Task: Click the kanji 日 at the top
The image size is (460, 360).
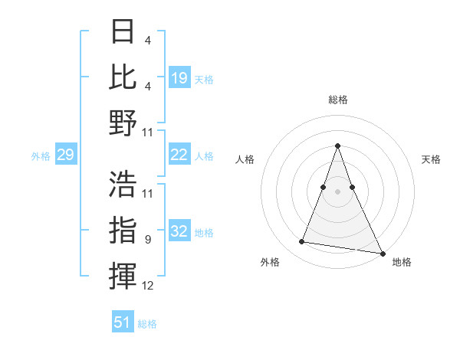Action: [x=123, y=32]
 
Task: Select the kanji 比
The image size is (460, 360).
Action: [x=123, y=76]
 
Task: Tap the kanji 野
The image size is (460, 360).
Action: [x=123, y=123]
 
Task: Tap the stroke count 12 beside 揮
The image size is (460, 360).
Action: [x=148, y=286]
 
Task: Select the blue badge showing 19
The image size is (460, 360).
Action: [x=179, y=77]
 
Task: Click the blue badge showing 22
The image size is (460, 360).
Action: [x=179, y=155]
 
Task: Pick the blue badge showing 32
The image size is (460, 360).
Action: [x=179, y=231]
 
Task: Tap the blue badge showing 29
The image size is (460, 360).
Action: [x=65, y=155]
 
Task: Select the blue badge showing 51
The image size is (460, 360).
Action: [x=123, y=322]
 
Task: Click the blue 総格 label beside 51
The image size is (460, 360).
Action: [x=147, y=324]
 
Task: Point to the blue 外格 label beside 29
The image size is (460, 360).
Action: [x=41, y=156]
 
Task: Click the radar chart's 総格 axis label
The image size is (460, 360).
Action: [x=337, y=100]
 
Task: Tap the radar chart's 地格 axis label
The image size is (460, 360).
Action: [x=402, y=262]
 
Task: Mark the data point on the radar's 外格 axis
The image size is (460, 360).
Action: [x=302, y=242]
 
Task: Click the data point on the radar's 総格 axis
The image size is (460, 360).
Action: [x=337, y=146]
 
